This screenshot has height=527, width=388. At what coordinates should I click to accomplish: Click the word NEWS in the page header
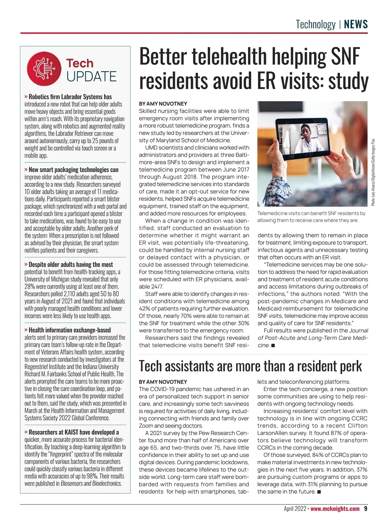pos(356,25)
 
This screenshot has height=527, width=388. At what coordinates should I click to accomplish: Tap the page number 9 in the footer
pos(365,509)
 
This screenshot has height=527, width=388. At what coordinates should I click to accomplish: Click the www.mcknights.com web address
pos(335,509)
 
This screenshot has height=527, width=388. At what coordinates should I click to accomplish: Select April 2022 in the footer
pos(295,509)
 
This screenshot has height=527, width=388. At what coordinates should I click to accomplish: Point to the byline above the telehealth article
pos(163,104)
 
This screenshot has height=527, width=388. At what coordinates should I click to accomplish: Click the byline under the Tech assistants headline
pos(163,382)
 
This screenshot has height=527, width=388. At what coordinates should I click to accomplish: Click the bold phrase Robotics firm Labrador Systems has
pos(70,97)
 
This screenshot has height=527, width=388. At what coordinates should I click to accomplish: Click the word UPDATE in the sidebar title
pos(92,77)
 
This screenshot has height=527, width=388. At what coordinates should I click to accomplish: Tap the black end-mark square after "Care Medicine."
pos(273,345)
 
